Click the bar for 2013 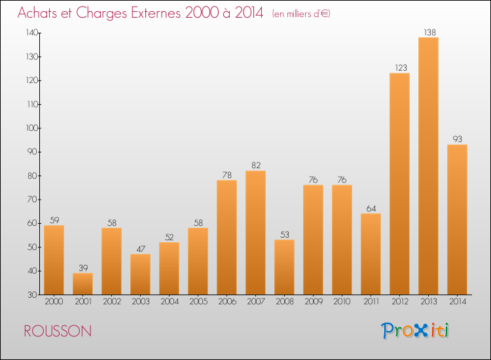(428, 166)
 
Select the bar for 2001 (82, 283)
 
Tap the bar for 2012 (399, 184)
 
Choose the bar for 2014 (457, 219)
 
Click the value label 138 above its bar (428, 31)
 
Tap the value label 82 (255, 165)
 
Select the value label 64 (371, 207)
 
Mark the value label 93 (457, 139)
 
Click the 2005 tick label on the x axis (198, 302)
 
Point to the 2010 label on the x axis (342, 302)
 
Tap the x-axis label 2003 (140, 302)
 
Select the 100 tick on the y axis (31, 128)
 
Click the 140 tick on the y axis (31, 33)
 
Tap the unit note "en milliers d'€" (301, 14)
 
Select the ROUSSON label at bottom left (58, 331)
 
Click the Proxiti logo (416, 331)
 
